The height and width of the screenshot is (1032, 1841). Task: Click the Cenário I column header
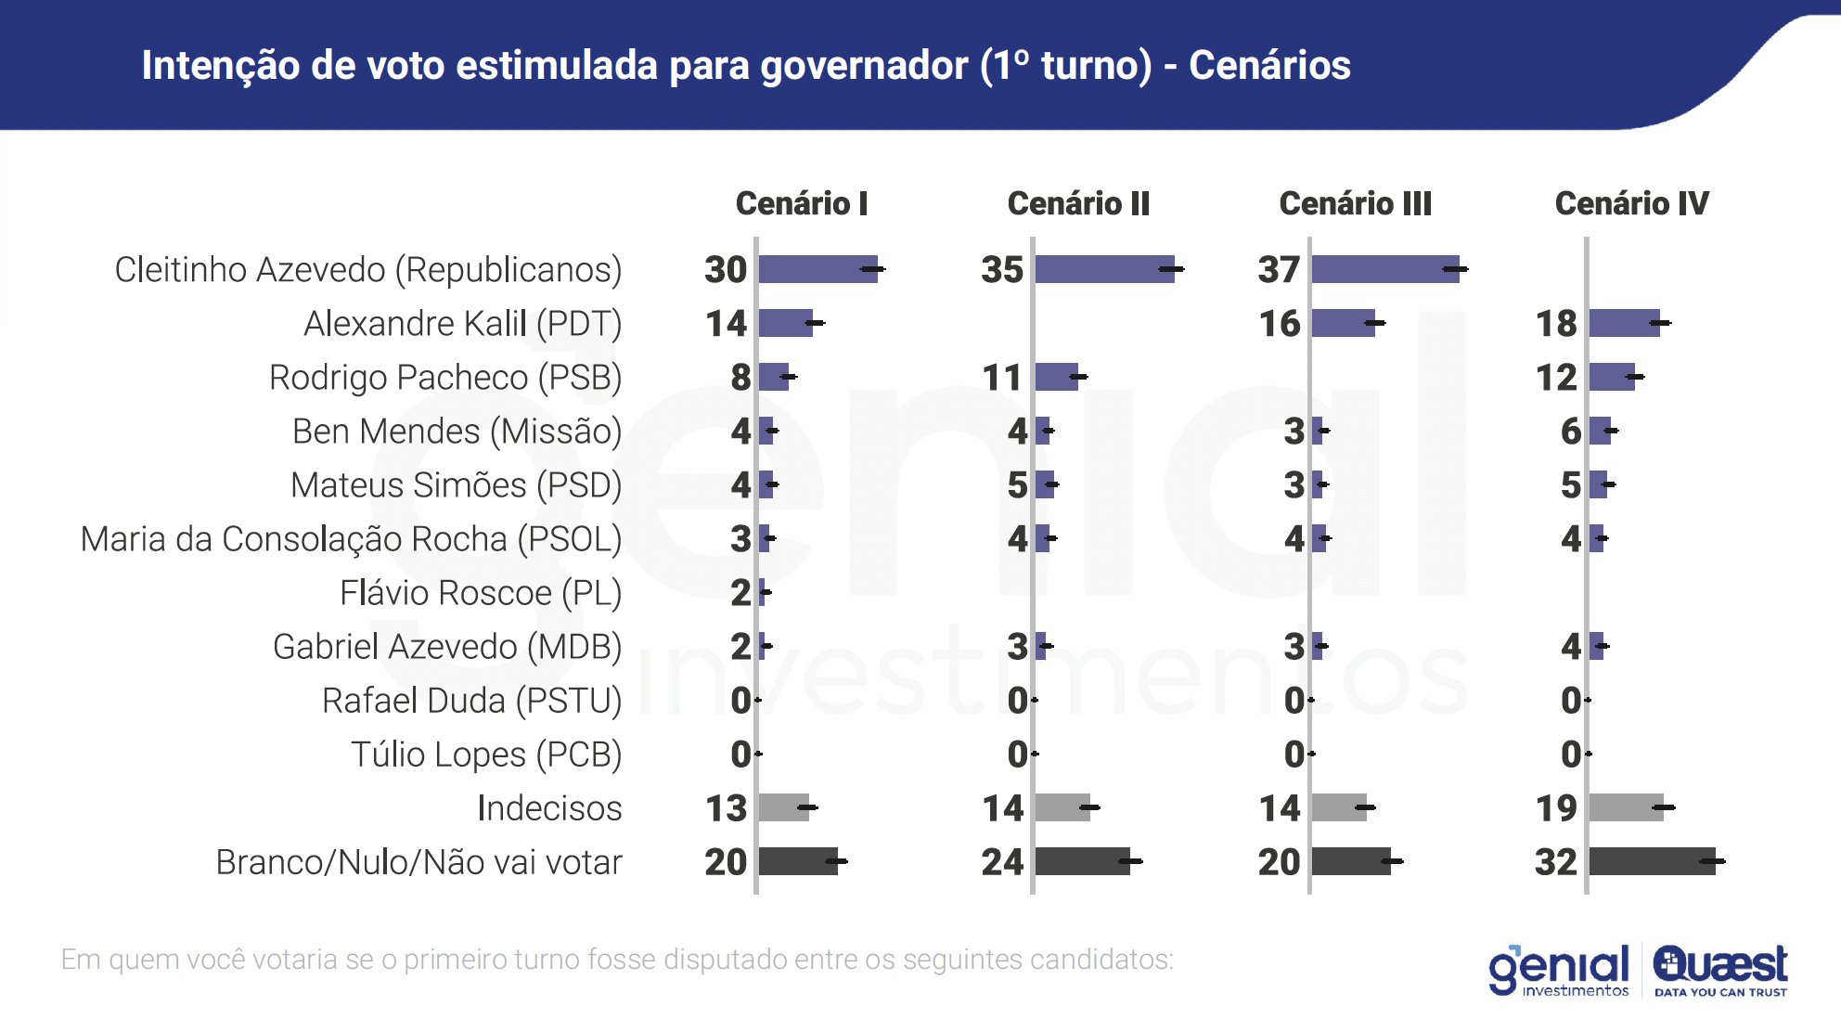[801, 203]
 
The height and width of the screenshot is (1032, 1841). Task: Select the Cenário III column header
[1355, 203]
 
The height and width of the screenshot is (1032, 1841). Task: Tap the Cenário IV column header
[1631, 203]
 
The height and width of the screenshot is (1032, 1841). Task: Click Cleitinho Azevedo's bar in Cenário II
[1104, 269]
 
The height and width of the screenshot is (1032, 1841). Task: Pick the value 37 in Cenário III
[1279, 270]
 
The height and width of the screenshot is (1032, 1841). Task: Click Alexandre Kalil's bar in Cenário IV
[1624, 323]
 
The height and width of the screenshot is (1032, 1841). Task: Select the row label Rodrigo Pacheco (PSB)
[445, 378]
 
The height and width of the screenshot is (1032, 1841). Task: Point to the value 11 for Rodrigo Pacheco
[1002, 378]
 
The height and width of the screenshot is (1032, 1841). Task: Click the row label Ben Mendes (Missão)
[457, 432]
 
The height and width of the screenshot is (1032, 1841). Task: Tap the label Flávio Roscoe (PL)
[481, 593]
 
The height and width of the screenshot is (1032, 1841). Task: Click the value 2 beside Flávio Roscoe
[740, 593]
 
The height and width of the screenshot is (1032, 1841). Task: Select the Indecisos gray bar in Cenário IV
[1626, 807]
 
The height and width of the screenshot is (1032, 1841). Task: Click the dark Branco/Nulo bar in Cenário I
[798, 861]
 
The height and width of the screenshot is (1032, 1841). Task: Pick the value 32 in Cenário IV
[1556, 862]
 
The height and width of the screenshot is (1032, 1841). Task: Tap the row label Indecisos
[549, 808]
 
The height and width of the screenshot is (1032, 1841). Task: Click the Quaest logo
[1720, 970]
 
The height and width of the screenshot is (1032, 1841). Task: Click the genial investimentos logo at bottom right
[1559, 971]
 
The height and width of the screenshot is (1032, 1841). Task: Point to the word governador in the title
[864, 66]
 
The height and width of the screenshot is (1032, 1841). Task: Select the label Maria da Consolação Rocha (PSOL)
[351, 539]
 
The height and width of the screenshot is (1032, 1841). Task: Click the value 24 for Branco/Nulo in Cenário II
[1002, 862]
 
